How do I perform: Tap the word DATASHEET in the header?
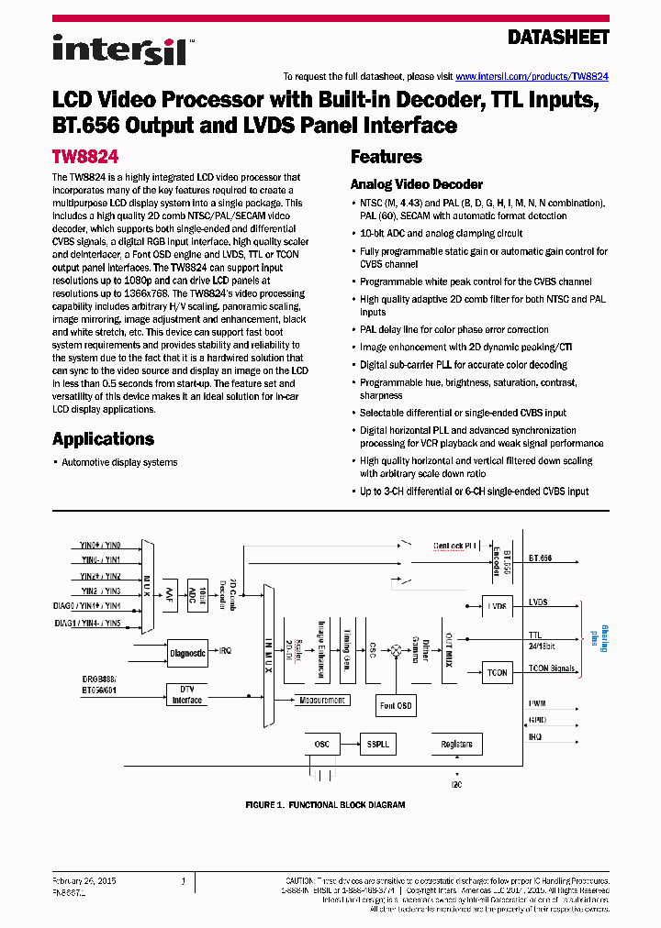click(558, 38)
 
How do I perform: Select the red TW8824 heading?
click(85, 157)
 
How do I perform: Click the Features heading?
click(386, 157)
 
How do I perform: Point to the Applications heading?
click(103, 438)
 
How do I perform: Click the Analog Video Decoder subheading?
click(416, 184)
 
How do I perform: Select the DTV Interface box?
click(187, 694)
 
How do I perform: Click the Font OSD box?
click(397, 704)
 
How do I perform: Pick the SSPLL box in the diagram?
click(374, 744)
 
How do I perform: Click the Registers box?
click(456, 744)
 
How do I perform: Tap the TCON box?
click(497, 672)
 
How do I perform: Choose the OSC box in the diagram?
click(321, 744)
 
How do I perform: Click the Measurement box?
click(322, 700)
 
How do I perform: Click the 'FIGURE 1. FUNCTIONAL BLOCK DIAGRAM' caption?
click(325, 804)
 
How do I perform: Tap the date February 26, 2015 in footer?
click(82, 880)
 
